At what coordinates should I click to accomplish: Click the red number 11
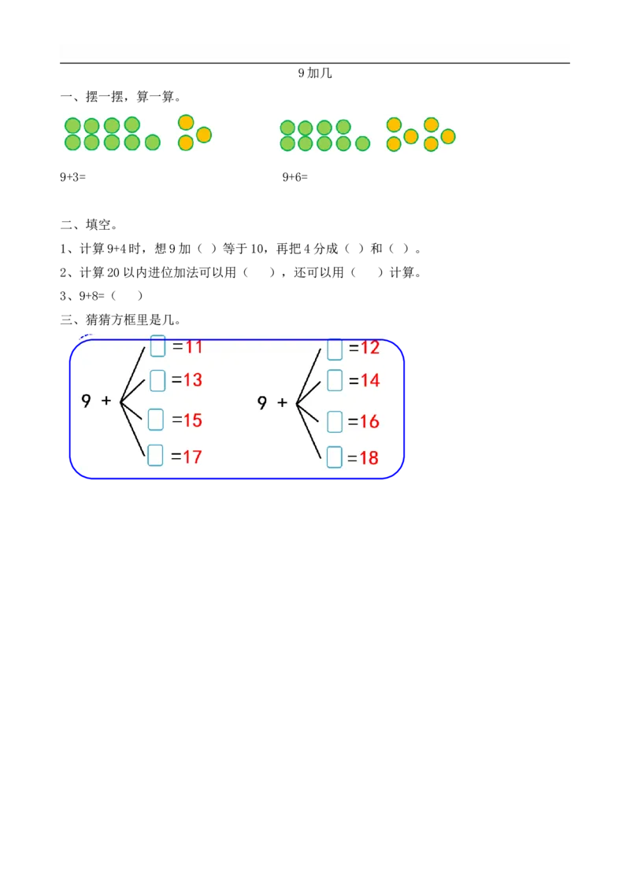point(194,346)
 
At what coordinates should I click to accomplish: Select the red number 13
point(193,380)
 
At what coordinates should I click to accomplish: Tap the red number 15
point(193,420)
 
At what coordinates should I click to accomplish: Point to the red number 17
point(193,456)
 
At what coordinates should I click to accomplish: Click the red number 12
point(370,348)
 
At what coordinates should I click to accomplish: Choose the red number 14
point(370,381)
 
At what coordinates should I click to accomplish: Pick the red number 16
point(370,422)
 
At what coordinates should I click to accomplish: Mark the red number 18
point(369,457)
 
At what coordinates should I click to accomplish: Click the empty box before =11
point(157,346)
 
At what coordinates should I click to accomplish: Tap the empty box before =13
point(157,380)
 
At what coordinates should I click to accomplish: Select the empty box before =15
point(156,420)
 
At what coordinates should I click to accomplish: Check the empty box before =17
point(155,455)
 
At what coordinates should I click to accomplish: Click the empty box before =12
point(335,349)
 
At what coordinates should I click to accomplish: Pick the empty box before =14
point(335,380)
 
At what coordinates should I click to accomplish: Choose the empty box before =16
point(335,421)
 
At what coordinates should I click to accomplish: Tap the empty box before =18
point(335,457)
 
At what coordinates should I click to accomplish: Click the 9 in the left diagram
point(86,401)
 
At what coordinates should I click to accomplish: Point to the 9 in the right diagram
point(262,403)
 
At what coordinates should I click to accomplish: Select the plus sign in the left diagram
point(106,401)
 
